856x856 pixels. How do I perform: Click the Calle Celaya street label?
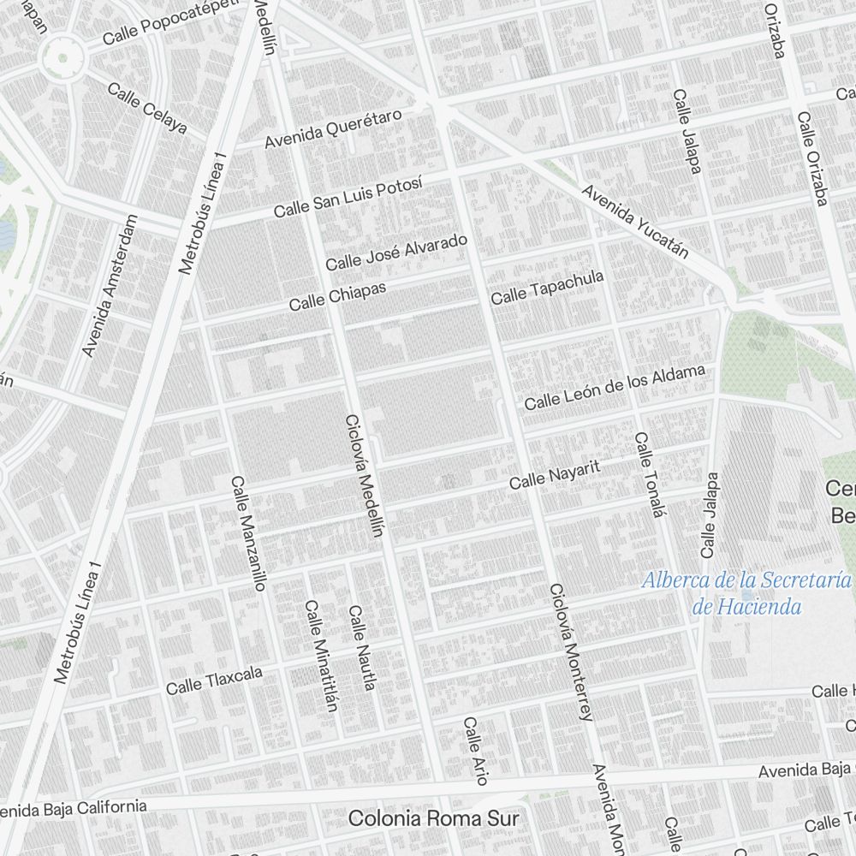coord(147,108)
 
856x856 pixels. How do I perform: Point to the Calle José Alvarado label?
coord(396,250)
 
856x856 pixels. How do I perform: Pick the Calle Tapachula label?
coord(547,288)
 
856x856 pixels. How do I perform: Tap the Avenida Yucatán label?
coord(635,220)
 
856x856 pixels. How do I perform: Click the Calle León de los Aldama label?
coord(615,388)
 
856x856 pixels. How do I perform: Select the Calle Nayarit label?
coord(554,475)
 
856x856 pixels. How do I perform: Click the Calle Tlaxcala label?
coord(214,681)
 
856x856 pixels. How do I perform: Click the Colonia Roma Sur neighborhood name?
coord(433,818)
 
